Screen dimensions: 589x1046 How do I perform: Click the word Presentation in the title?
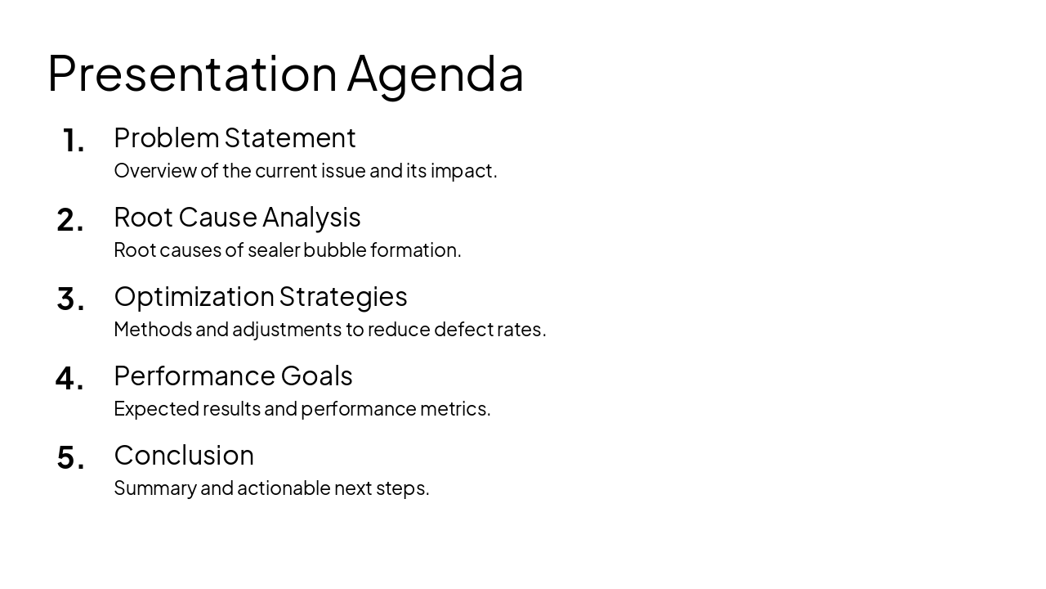tap(192, 74)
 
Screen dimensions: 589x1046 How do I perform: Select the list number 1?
tap(73, 142)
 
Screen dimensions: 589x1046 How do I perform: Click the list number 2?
tap(70, 221)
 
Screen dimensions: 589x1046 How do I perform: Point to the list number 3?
tap(70, 300)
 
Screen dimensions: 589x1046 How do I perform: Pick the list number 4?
tap(69, 380)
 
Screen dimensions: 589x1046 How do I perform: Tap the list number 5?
tap(70, 459)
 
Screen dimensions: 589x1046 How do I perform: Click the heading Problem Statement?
tap(235, 138)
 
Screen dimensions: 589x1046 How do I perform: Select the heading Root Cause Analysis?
tap(237, 218)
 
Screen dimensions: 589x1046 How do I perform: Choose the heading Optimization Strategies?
tap(260, 297)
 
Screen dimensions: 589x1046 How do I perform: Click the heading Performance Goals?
tap(233, 376)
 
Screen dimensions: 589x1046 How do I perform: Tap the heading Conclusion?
tap(184, 456)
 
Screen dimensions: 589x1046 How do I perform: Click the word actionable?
tap(284, 488)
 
